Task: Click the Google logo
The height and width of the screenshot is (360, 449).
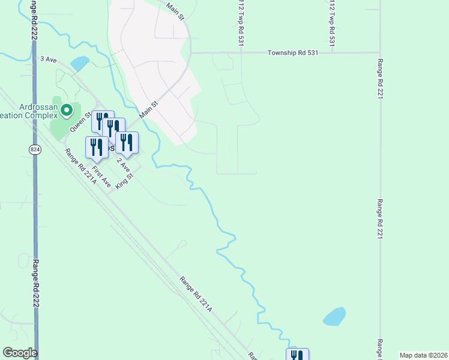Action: [x=20, y=353]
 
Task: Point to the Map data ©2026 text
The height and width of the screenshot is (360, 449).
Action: [x=423, y=355]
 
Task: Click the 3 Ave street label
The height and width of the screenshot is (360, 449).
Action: [x=47, y=59]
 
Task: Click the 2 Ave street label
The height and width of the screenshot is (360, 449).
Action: [x=122, y=163]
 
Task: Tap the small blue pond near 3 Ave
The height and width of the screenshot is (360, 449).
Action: [x=80, y=63]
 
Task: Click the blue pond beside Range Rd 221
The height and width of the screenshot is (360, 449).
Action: [x=334, y=316]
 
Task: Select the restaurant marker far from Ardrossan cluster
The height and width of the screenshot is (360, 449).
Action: [x=297, y=354]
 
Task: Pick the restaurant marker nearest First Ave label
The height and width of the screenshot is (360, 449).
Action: [x=97, y=146]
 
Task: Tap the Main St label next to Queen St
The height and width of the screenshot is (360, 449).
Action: [x=148, y=109]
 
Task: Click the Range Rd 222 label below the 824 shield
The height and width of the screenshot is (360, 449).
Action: [x=36, y=282]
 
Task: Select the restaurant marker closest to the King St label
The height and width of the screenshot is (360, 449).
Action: [x=127, y=142]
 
